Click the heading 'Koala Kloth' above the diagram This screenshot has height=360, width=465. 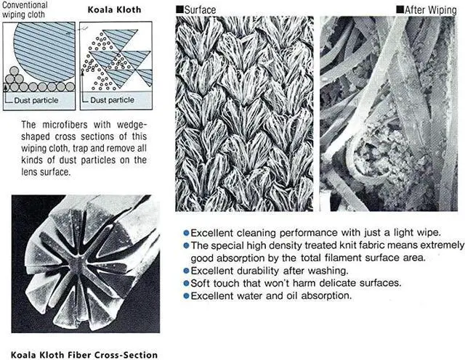coord(114,9)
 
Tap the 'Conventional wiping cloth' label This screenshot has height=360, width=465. coord(25,9)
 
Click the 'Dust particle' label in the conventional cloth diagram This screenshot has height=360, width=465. coord(36,100)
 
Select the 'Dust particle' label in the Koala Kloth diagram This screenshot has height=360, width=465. coord(113,100)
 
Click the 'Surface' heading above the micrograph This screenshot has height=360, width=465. coord(200,9)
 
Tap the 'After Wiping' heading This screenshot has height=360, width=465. coord(431,10)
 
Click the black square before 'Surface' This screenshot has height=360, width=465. coord(179,9)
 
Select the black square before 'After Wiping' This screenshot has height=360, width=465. coord(400,9)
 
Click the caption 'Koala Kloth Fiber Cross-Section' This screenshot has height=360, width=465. coord(84,355)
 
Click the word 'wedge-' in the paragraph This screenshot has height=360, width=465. coord(132,125)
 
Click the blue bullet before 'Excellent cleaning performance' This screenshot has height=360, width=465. coord(186,233)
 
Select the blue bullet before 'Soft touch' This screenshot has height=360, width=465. coord(186,283)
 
